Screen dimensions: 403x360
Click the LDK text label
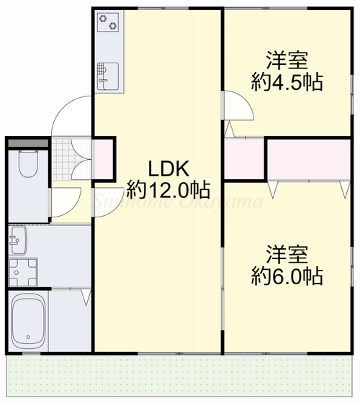[x=168, y=169]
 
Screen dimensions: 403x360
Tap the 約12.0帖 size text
[x=168, y=190]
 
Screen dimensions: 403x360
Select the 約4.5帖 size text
[x=287, y=81]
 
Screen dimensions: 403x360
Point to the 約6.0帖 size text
[x=287, y=276]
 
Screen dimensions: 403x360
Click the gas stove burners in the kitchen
[x=108, y=24]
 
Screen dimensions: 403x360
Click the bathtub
[x=29, y=319]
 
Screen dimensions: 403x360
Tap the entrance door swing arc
[x=68, y=115]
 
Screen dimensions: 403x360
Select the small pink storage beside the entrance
[x=104, y=160]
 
